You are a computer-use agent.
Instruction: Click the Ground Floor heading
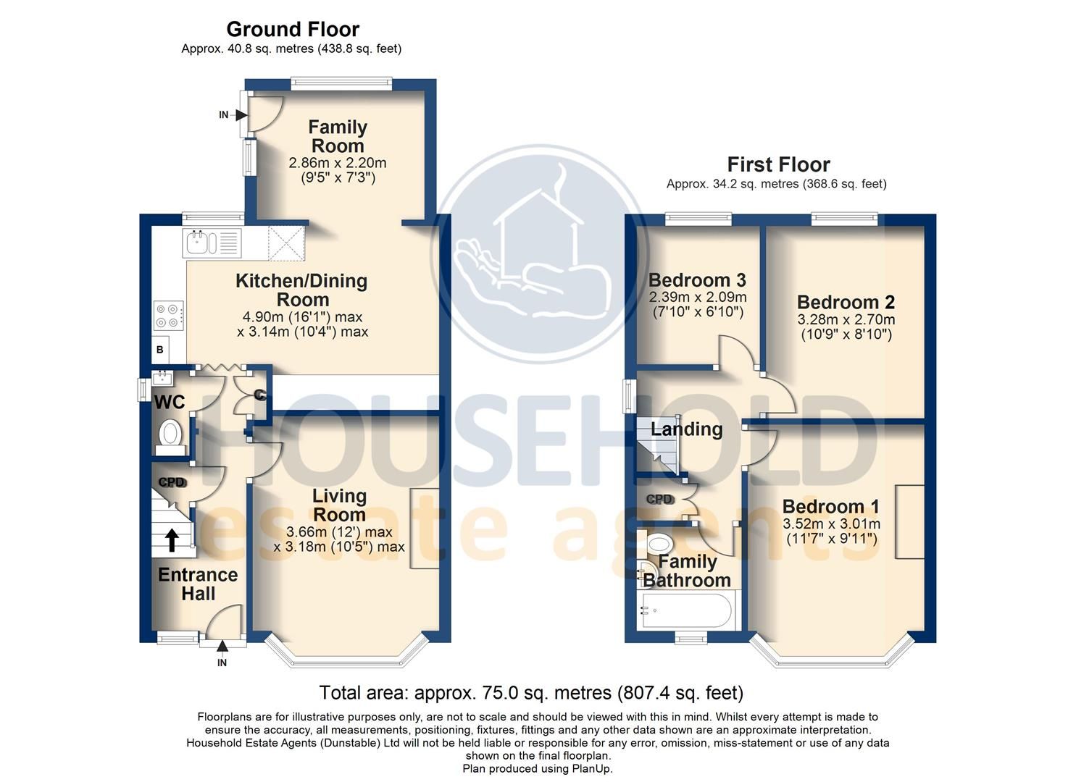click(293, 30)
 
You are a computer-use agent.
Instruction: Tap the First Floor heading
click(778, 164)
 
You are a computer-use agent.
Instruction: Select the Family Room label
click(338, 136)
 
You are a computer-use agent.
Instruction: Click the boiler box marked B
click(160, 350)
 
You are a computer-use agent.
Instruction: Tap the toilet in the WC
click(170, 434)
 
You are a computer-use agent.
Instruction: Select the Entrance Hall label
click(198, 584)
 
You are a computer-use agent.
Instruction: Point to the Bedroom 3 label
click(697, 280)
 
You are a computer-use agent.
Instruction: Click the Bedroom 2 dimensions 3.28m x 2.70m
click(846, 319)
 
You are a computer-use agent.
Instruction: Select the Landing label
click(686, 429)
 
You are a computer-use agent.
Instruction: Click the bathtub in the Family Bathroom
click(687, 610)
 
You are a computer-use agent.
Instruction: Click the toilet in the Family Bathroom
click(659, 543)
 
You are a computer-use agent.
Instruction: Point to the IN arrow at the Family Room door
click(240, 114)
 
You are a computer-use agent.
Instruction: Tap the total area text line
click(531, 693)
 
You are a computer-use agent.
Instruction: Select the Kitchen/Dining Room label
click(301, 290)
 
